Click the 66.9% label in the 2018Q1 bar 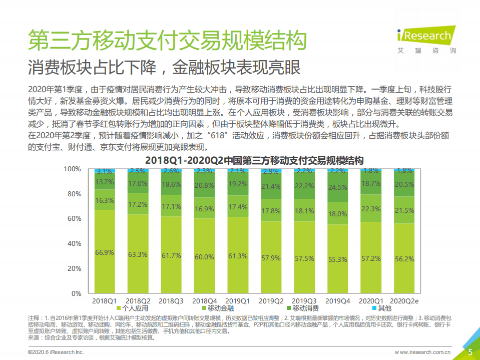(x=104, y=252)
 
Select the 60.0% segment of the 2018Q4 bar (x=204, y=256)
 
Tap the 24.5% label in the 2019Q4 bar (x=337, y=188)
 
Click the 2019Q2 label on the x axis (x=271, y=300)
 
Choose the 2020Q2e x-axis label (x=404, y=300)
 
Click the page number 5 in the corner (x=470, y=352)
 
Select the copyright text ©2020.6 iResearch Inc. (x=56, y=352)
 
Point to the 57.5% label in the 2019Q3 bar (x=304, y=258)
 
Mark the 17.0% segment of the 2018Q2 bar (x=138, y=183)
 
